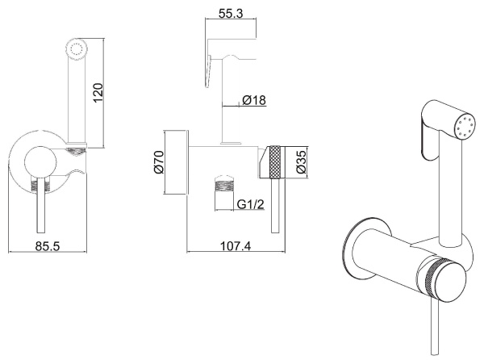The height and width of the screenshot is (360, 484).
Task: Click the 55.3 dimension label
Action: point(231,13)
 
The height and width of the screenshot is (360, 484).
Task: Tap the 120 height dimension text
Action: point(98,93)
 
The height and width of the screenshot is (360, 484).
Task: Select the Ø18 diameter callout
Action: point(254,100)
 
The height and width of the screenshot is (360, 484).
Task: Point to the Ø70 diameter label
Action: point(159,162)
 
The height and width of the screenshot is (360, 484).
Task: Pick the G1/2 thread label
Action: point(250,204)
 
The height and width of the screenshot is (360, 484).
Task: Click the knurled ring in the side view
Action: point(275,161)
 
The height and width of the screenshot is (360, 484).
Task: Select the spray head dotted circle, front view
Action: point(76,49)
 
